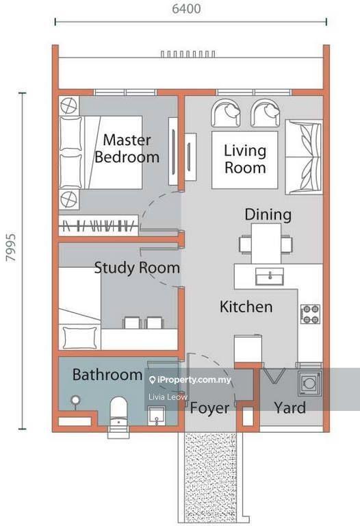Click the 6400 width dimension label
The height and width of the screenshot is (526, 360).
186,9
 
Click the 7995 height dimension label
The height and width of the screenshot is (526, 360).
11,247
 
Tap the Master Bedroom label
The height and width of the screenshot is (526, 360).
127,149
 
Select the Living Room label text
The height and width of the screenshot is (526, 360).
245,160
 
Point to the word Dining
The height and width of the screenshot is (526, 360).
268,214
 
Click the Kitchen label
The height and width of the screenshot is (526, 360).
246,307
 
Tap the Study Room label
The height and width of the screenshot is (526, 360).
137,268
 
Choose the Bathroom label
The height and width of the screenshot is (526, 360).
107,375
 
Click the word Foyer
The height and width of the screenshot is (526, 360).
209,408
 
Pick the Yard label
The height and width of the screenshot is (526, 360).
290,408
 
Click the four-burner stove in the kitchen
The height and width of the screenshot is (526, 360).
310,314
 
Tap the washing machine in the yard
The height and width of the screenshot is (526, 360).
310,382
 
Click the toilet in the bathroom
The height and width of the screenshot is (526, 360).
118,413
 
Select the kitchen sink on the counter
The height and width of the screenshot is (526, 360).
270,277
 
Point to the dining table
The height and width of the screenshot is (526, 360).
266,244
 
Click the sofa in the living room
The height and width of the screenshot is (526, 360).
304,157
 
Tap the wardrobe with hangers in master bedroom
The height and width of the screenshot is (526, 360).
99,225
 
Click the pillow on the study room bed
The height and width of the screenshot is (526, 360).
80,338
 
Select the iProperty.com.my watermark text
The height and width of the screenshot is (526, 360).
190,379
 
